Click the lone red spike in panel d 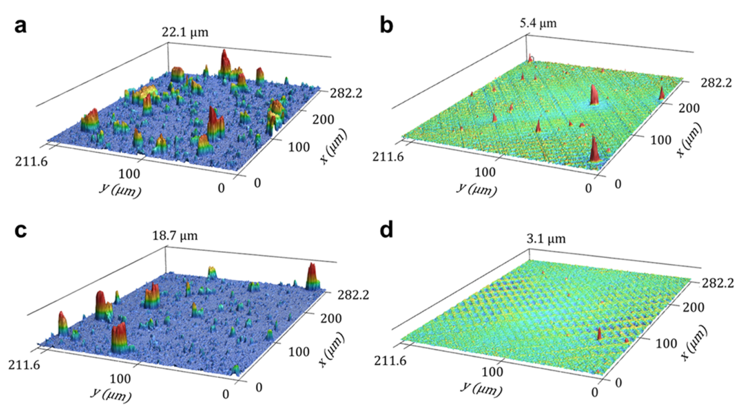[x=599, y=334]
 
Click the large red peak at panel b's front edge [x=594, y=149]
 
